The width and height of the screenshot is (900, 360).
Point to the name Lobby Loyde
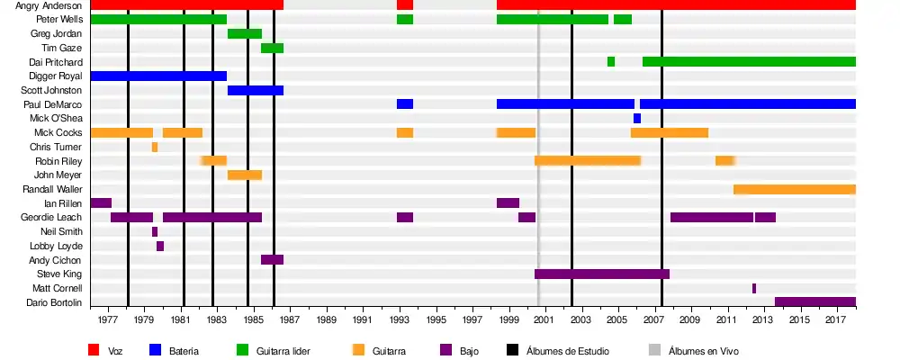pos(60,246)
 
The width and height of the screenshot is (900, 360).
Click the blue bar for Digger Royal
pos(158,76)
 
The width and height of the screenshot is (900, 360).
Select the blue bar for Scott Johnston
pos(256,90)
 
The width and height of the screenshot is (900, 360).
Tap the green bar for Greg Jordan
pos(245,33)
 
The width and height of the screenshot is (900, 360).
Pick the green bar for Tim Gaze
pos(272,48)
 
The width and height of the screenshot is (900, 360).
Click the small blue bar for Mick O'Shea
pos(637,118)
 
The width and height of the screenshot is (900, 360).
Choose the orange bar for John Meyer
pos(245,175)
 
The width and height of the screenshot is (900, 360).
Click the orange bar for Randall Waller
pos(794,189)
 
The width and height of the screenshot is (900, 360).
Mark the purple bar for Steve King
pos(602,274)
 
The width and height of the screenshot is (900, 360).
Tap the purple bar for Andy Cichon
pos(272,259)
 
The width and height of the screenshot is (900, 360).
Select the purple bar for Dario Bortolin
pos(814,301)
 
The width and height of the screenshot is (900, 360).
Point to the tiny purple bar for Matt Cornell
pos(754,288)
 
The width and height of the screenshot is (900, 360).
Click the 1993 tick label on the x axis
pos(400,319)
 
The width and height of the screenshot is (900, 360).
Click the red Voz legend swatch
pos(94,350)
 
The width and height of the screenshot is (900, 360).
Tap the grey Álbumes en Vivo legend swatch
pos(654,350)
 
